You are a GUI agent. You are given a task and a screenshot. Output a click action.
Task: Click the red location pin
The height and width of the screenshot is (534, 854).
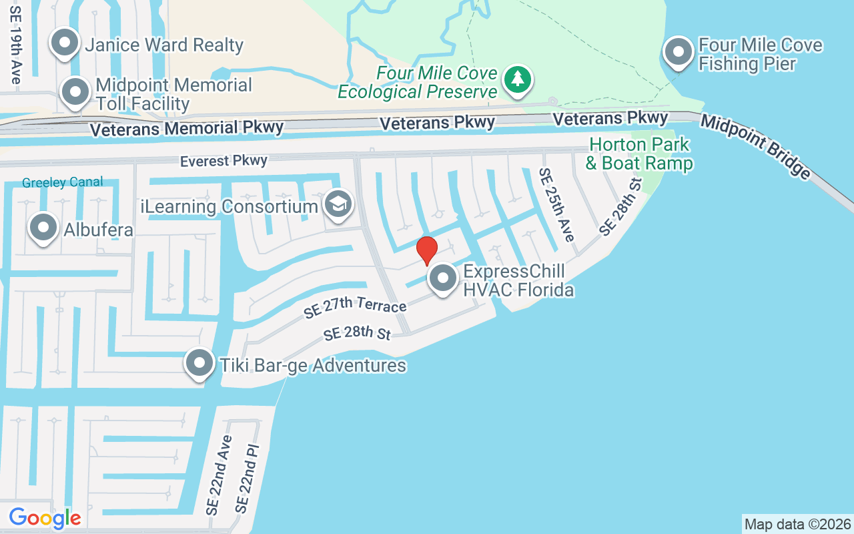click(x=427, y=250)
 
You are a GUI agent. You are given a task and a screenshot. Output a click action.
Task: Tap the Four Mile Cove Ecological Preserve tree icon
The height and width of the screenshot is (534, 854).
click(x=517, y=79)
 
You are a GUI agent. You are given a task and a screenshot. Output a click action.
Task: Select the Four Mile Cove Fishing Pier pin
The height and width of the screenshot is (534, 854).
click(x=679, y=52)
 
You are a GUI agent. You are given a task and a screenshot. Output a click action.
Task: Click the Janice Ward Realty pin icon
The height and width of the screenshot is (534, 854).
click(x=65, y=43)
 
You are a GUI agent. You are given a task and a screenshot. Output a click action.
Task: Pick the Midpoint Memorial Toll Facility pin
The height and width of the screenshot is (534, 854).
click(x=75, y=92)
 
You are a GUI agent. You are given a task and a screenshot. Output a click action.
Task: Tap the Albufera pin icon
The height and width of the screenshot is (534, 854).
click(x=43, y=228)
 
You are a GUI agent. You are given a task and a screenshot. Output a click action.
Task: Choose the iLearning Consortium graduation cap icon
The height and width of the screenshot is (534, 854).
click(x=338, y=204)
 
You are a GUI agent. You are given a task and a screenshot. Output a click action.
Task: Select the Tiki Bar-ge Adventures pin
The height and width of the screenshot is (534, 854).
click(x=199, y=363)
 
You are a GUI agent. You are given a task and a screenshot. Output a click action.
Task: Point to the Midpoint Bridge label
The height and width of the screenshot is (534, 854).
click(x=755, y=146)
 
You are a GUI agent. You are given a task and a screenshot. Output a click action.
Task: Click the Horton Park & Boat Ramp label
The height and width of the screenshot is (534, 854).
click(x=639, y=154)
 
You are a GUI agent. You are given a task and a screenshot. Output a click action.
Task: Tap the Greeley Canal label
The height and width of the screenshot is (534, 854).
click(x=63, y=182)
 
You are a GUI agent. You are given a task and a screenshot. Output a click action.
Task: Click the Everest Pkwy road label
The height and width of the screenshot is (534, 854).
click(x=224, y=161)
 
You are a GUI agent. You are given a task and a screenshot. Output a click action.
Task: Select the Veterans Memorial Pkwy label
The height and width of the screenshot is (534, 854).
click(x=187, y=128)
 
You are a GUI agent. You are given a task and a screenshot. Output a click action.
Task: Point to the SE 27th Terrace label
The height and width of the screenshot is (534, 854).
click(x=355, y=304)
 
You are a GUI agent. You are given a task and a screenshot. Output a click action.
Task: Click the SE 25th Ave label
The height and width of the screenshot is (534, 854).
click(x=556, y=204)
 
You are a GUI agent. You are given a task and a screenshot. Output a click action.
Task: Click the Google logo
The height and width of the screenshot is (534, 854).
click(x=45, y=518)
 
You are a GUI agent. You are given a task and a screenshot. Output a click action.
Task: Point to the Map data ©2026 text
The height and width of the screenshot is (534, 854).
click(x=797, y=524)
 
